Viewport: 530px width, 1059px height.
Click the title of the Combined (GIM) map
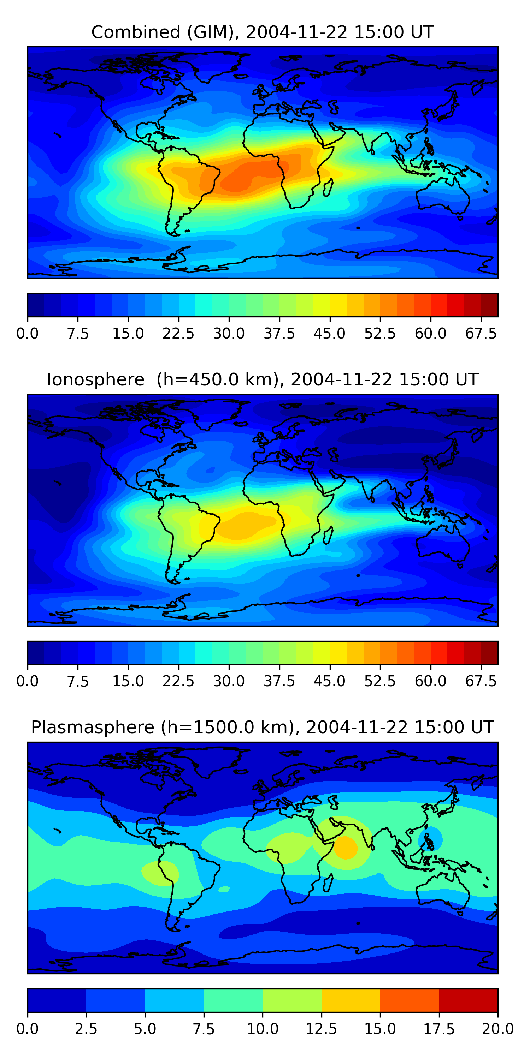[262, 32]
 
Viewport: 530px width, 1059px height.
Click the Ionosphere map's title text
[262, 379]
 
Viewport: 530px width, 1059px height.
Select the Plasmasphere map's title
[262, 727]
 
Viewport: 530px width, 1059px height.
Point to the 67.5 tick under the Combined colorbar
[481, 333]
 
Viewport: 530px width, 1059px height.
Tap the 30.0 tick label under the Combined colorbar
[229, 333]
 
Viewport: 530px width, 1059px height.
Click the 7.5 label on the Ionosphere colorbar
[78, 681]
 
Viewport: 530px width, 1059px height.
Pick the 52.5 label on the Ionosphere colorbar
[380, 681]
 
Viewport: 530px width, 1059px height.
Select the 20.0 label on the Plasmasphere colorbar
[497, 1029]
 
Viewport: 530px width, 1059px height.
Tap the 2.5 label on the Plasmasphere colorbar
[86, 1029]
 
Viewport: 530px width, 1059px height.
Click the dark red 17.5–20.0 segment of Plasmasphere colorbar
[468, 1000]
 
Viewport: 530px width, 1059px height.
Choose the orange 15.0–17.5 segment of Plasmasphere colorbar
[410, 1000]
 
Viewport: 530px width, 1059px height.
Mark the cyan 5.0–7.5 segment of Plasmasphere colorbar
[175, 1000]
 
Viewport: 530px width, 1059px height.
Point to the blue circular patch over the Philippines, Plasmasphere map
[430, 839]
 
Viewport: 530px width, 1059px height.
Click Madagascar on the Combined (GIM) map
[328, 187]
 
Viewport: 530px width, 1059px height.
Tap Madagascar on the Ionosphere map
[328, 535]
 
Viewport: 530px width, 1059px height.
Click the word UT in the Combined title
[422, 32]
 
